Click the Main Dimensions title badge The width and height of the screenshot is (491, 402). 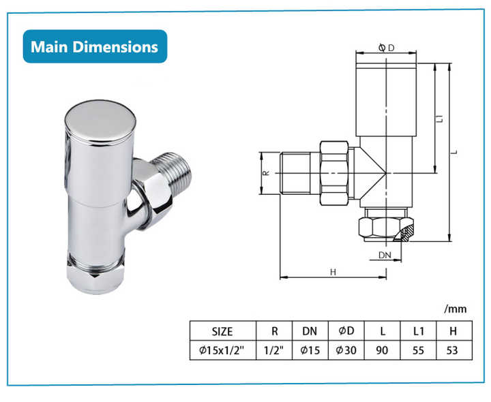click(x=95, y=46)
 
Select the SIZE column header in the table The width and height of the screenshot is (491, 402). click(x=222, y=332)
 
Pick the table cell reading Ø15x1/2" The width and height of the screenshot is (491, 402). click(x=222, y=350)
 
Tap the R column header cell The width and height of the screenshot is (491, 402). click(x=274, y=332)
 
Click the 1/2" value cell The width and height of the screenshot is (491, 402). click(x=274, y=350)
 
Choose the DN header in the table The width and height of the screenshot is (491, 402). click(x=310, y=332)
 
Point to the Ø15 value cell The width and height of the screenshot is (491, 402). click(x=310, y=350)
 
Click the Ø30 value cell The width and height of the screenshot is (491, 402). click(x=346, y=350)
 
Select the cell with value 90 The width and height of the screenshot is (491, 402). click(x=383, y=350)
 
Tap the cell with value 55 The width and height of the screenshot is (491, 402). click(x=419, y=350)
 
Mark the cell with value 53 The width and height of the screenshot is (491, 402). click(x=453, y=350)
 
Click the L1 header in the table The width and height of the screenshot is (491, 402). click(x=419, y=332)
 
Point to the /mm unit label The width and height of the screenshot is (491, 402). click(x=455, y=309)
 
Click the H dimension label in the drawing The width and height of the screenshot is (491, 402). click(x=333, y=272)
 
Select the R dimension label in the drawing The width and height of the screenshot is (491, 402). click(x=266, y=173)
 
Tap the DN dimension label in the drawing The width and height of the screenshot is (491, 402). click(x=385, y=256)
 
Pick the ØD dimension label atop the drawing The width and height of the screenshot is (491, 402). click(x=386, y=48)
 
